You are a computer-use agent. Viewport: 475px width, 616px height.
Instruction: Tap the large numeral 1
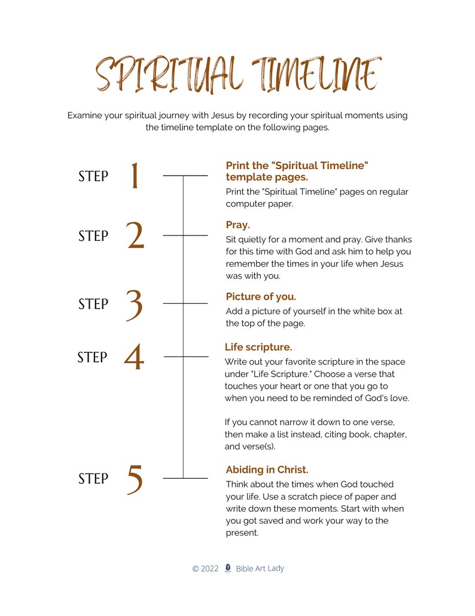coord(135,176)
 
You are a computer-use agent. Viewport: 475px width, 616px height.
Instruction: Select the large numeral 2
coord(136,236)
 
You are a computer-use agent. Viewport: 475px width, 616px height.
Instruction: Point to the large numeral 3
coord(135,304)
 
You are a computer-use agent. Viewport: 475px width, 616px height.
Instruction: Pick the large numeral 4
coord(134,358)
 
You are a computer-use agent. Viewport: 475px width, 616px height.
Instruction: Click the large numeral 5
coord(135,479)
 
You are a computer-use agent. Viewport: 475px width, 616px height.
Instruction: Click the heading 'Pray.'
coord(237,225)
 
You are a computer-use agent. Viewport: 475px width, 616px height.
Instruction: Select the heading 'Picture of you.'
coord(261,297)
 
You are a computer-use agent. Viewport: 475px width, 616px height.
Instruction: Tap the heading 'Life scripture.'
coord(258,347)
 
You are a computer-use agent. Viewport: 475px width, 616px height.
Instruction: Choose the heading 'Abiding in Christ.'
coord(267,470)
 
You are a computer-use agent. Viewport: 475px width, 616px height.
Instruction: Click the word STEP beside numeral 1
coord(93,176)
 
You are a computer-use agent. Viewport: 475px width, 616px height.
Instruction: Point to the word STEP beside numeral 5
coord(93,479)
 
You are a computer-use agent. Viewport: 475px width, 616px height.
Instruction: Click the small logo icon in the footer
coord(227,568)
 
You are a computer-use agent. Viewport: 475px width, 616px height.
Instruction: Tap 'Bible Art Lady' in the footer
coord(260,568)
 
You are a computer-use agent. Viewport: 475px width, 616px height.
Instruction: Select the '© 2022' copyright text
coord(205,569)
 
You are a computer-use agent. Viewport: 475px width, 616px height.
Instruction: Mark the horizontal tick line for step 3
coord(185,304)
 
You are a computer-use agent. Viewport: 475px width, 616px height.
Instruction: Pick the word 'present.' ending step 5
coord(242,533)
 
